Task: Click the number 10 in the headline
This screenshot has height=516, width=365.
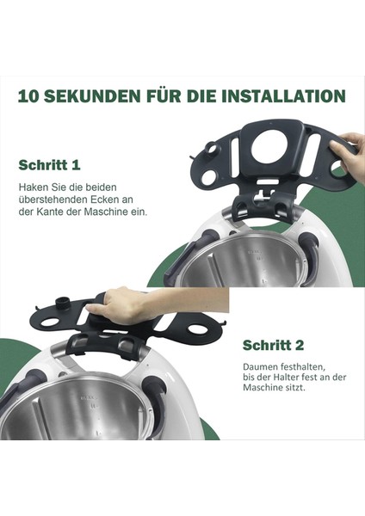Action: tap(29, 95)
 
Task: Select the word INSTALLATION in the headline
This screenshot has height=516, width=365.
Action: tap(277, 95)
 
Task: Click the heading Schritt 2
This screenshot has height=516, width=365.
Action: tap(273, 345)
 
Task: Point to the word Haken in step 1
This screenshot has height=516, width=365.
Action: tap(34, 186)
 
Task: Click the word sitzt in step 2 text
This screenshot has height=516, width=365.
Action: tap(295, 388)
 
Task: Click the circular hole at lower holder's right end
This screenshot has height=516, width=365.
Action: tap(207, 329)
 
